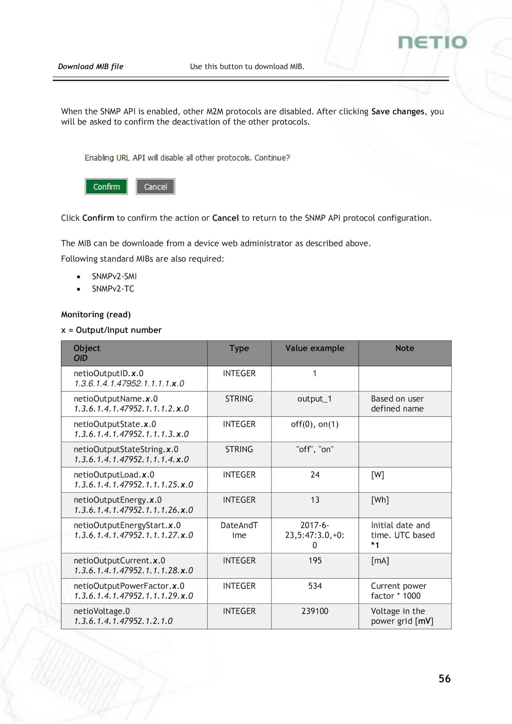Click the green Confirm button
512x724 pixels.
pyautogui.click(x=106, y=187)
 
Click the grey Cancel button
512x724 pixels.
pyautogui.click(x=156, y=187)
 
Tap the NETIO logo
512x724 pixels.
pyautogui.click(x=432, y=43)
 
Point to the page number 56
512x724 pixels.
pyautogui.click(x=444, y=679)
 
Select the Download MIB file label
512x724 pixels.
pyautogui.click(x=91, y=67)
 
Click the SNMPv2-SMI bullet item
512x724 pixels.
pyautogui.click(x=114, y=276)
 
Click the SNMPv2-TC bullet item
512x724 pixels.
pyautogui.click(x=113, y=289)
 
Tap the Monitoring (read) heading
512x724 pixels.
pyautogui.click(x=96, y=315)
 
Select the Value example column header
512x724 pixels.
pyautogui.click(x=315, y=348)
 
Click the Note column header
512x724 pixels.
pyautogui.click(x=404, y=348)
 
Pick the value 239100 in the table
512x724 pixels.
pyautogui.click(x=315, y=611)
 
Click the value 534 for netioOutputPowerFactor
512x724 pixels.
pyautogui.click(x=315, y=586)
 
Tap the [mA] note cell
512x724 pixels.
pyautogui.click(x=380, y=560)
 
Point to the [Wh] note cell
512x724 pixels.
pyautogui.click(x=380, y=500)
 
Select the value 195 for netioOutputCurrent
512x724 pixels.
pyautogui.click(x=315, y=560)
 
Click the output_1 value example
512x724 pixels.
pyautogui.click(x=315, y=399)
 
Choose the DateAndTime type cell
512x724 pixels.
pyautogui.click(x=239, y=530)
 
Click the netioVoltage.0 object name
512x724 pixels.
pyautogui.click(x=102, y=611)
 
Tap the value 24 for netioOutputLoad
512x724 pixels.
pyautogui.click(x=315, y=475)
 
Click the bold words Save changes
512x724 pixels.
pyautogui.click(x=398, y=111)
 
